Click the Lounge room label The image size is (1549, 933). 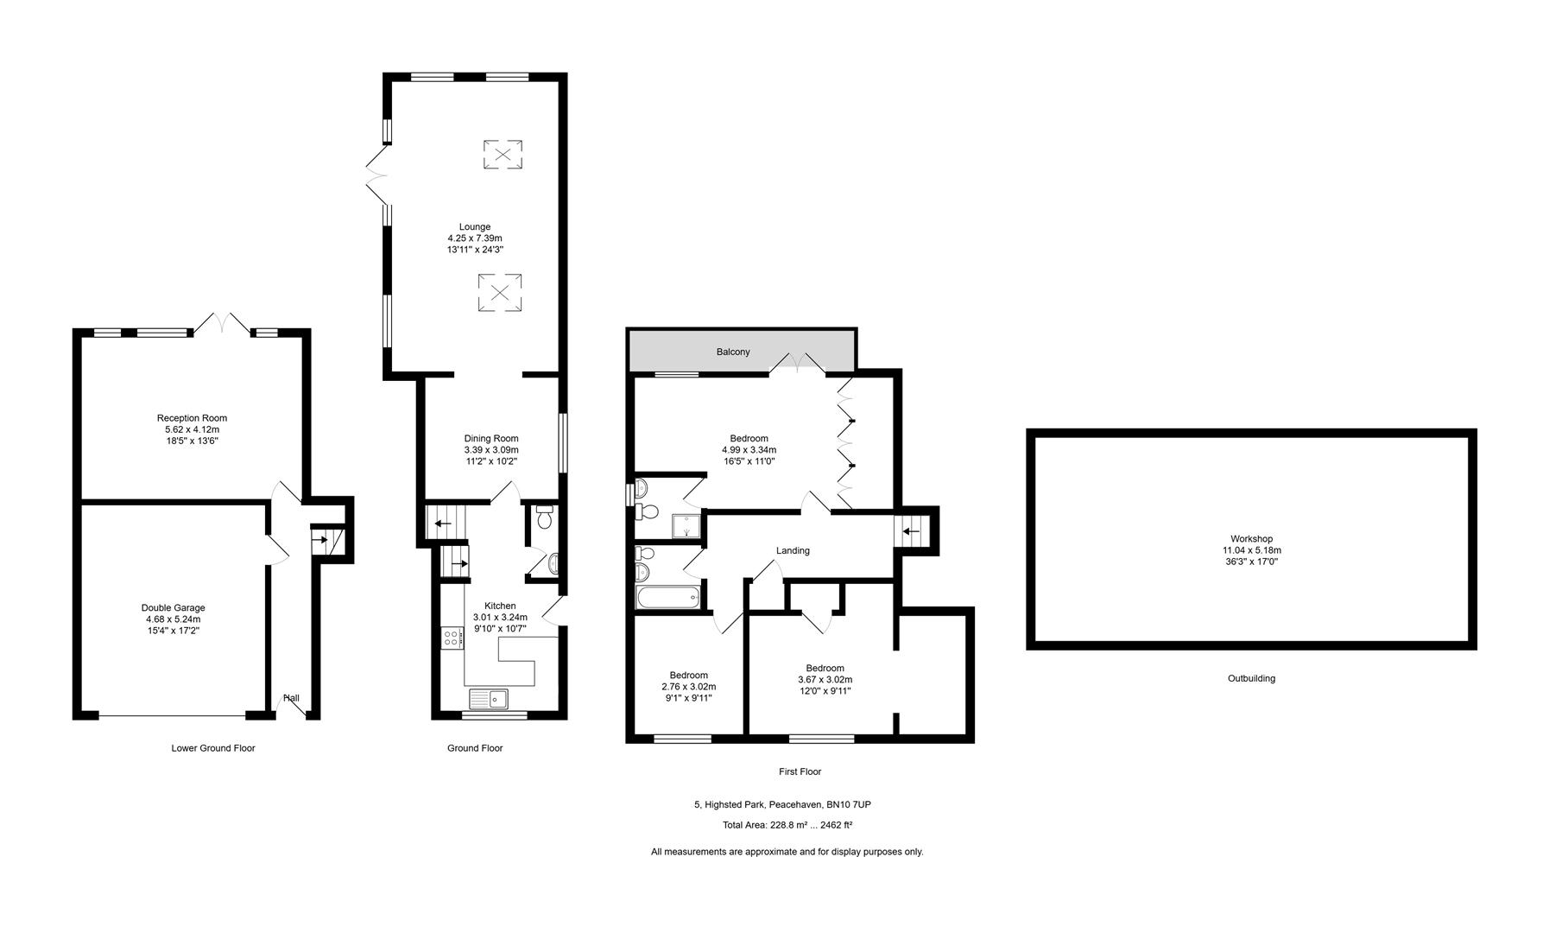pyautogui.click(x=475, y=227)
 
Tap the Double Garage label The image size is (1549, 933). pyautogui.click(x=173, y=607)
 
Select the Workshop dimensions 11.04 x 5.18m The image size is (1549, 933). pyautogui.click(x=1251, y=550)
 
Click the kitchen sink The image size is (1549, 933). pyautogui.click(x=490, y=698)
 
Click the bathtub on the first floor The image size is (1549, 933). pyautogui.click(x=669, y=597)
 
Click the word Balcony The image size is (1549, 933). pyautogui.click(x=733, y=352)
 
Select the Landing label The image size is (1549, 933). pyautogui.click(x=793, y=550)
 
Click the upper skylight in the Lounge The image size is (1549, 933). pyautogui.click(x=503, y=155)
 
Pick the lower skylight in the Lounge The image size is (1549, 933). pyautogui.click(x=500, y=292)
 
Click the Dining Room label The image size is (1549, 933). pyautogui.click(x=491, y=439)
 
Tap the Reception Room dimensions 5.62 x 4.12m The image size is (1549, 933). pyautogui.click(x=192, y=429)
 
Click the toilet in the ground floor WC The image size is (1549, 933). pyautogui.click(x=544, y=517)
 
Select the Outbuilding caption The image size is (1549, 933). pyautogui.click(x=1251, y=679)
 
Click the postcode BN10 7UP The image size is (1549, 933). pyautogui.click(x=850, y=805)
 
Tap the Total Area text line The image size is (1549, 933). pyautogui.click(x=787, y=825)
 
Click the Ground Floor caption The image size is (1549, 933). pyautogui.click(x=475, y=748)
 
